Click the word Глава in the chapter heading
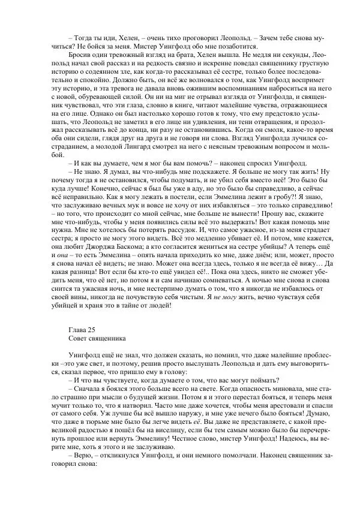79,329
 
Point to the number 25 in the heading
96,329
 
